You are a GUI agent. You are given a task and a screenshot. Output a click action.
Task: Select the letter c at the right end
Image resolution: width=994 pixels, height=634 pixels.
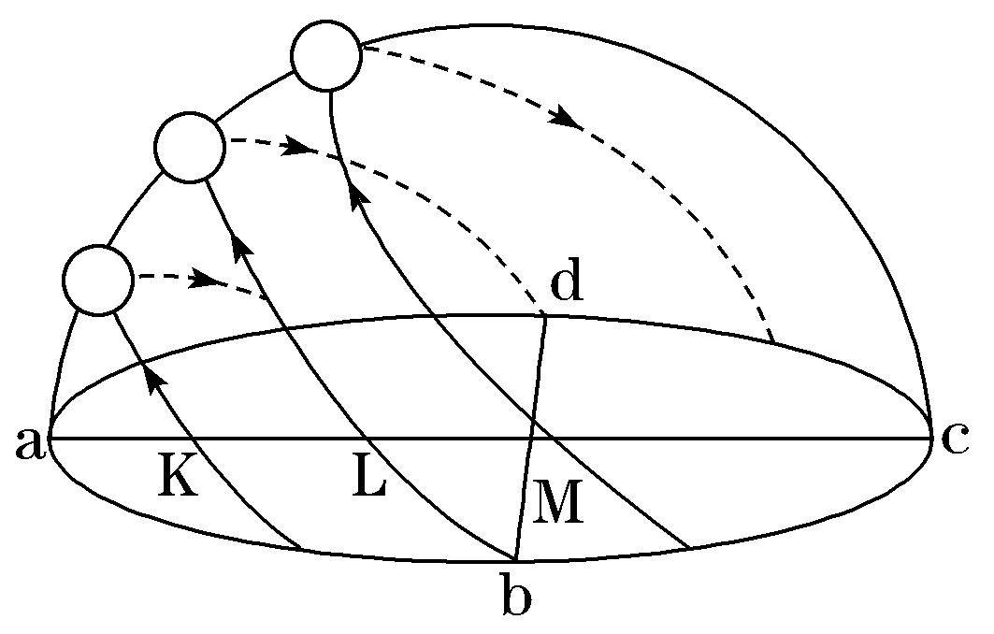point(955,439)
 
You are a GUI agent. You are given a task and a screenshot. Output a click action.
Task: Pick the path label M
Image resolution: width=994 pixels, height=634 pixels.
point(557,502)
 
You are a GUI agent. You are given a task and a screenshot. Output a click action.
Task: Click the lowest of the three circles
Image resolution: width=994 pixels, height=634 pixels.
point(98,280)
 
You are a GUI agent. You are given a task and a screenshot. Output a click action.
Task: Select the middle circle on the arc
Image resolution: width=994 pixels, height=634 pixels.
point(190,147)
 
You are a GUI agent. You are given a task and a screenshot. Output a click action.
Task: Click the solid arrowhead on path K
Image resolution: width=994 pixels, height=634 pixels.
point(154,379)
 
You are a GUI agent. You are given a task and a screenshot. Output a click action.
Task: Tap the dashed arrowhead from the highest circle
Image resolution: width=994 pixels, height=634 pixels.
point(566,118)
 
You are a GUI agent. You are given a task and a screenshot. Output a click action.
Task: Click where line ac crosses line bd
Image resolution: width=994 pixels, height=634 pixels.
point(532,438)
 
